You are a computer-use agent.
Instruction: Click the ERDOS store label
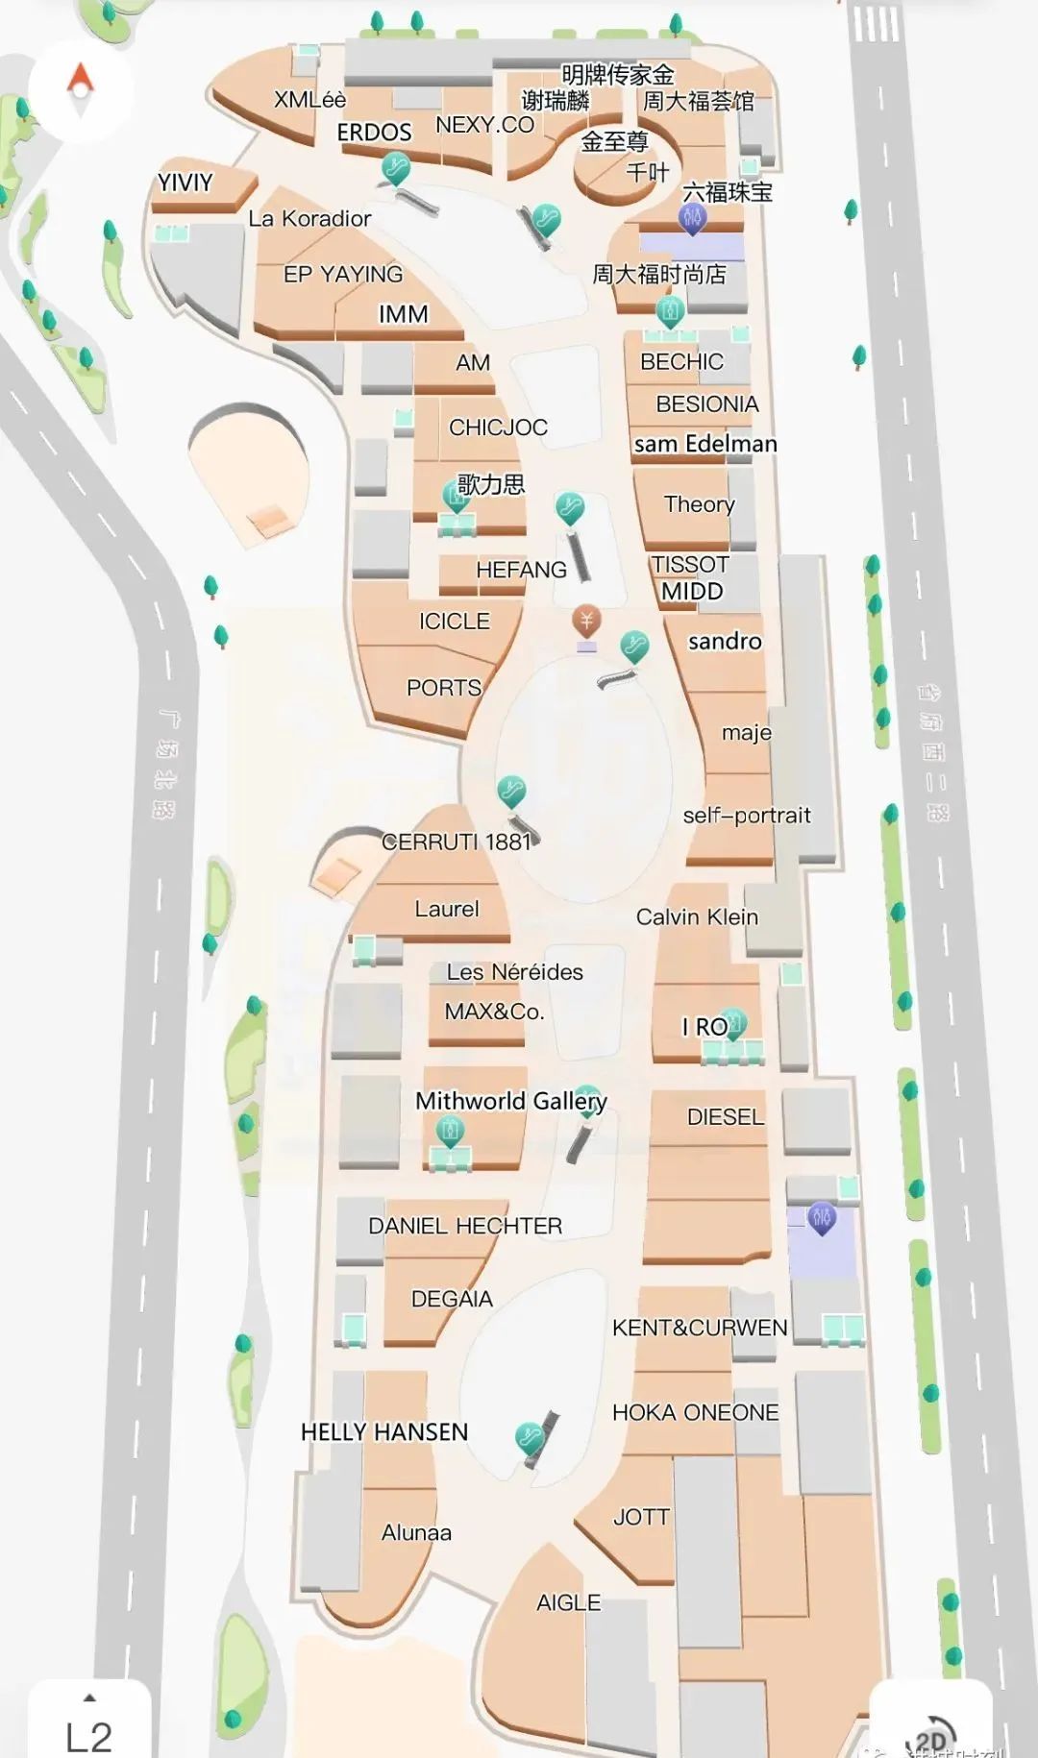coord(374,133)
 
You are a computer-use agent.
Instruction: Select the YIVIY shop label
coord(185,182)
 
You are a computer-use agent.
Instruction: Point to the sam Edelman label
coord(705,444)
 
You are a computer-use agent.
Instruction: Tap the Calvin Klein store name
coord(697,916)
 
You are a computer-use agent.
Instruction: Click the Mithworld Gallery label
coord(510,1101)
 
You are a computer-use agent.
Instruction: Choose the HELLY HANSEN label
coord(384,1431)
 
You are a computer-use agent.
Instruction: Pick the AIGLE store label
coord(568,1602)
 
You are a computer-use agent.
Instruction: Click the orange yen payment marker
coord(586,620)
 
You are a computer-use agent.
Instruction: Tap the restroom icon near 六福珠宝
coord(692,218)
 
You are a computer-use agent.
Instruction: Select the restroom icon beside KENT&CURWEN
coord(821,1218)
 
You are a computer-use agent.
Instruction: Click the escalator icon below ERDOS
coord(395,169)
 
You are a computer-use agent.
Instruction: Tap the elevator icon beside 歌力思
coord(455,496)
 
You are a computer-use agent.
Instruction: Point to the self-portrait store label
coord(746,816)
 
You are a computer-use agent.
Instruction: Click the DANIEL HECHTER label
coord(465,1226)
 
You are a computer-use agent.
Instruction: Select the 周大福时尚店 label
coord(659,275)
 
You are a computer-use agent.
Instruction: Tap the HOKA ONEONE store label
coord(695,1412)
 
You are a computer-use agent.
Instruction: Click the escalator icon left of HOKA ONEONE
coord(529,1437)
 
